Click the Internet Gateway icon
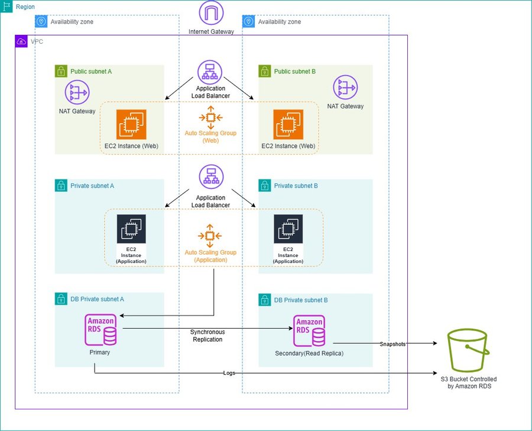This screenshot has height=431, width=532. [211, 13]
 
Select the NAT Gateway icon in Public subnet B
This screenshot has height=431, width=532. [345, 88]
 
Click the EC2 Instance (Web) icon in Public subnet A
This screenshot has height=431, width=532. [131, 124]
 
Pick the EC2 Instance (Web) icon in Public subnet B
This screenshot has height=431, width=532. [288, 124]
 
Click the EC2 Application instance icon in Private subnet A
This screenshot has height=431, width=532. [131, 229]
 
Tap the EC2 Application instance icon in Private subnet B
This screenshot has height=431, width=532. [288, 229]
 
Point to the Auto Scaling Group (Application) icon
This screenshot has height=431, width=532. [210, 236]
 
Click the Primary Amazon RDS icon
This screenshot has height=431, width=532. [101, 330]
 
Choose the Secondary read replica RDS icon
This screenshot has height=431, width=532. [309, 330]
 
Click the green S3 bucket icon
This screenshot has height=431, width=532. [468, 351]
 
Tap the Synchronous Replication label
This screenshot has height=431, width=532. [207, 336]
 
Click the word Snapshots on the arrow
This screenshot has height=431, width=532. [392, 344]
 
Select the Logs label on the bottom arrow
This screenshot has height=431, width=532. [229, 373]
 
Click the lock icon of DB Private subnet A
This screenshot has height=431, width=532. [61, 300]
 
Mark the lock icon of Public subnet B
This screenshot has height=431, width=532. [265, 72]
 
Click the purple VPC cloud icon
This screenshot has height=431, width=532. [21, 41]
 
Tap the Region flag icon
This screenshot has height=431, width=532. [7, 7]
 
